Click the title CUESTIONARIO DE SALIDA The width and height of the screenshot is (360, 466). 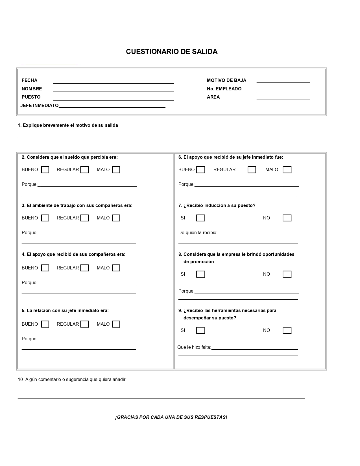[x=172, y=52]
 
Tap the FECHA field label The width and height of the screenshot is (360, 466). [x=29, y=80]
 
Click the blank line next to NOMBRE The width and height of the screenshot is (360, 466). [x=114, y=89]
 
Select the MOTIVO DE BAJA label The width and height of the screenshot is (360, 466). [x=226, y=80]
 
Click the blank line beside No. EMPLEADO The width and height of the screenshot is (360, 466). [x=283, y=89]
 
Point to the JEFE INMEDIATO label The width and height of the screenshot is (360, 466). [x=40, y=106]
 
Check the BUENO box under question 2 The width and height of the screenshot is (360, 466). [x=45, y=170]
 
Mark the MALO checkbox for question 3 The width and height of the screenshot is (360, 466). [x=116, y=218]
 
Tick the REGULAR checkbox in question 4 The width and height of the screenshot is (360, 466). [x=85, y=268]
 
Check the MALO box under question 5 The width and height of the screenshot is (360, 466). [x=116, y=324]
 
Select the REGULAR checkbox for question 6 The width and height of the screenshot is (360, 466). [x=252, y=170]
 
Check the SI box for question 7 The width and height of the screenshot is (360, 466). [x=200, y=218]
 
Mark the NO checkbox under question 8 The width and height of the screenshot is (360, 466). [x=287, y=274]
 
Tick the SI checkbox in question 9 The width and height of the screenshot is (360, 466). [x=200, y=330]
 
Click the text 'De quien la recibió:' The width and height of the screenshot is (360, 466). [x=198, y=233]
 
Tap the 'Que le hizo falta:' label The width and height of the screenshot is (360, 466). [x=194, y=347]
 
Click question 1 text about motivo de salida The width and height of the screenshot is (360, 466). [x=68, y=125]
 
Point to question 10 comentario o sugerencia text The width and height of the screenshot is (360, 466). [x=72, y=380]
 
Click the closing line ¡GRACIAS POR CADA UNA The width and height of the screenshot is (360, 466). [x=171, y=417]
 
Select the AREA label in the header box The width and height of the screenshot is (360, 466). [x=213, y=97]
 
